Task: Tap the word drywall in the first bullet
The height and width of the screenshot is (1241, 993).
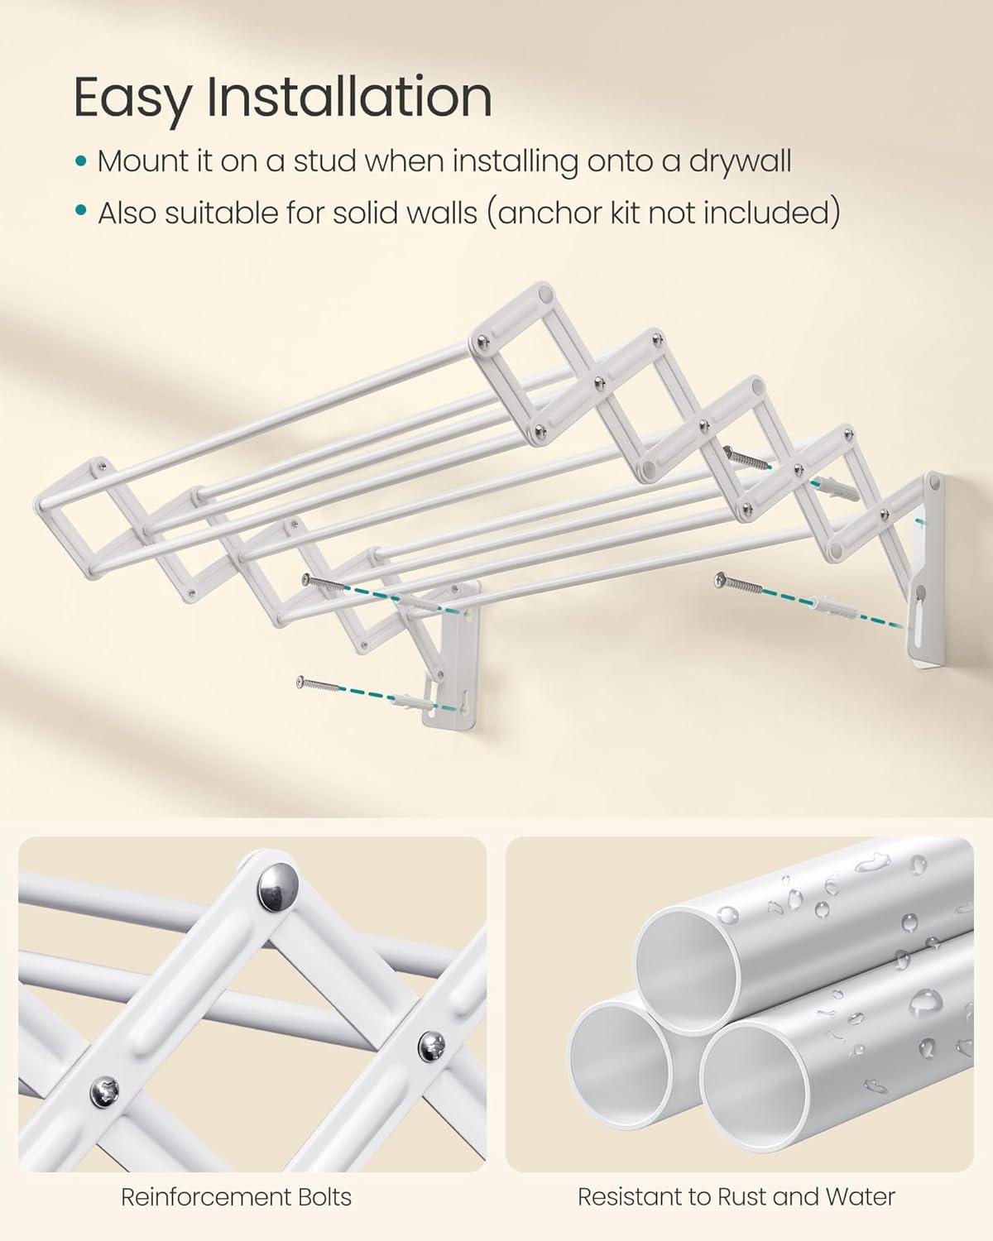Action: tap(739, 162)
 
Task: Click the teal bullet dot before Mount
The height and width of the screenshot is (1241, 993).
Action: tap(80, 162)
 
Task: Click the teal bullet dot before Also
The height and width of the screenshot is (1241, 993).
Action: tap(80, 213)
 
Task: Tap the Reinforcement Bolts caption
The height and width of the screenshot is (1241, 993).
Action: tap(236, 1196)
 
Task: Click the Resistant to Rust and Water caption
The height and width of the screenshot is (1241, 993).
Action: tap(736, 1196)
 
